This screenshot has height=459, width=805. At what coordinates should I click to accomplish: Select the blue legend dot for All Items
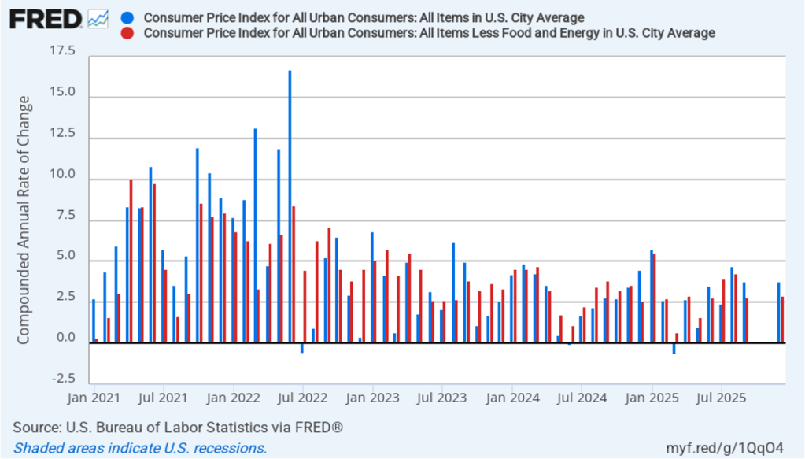(x=128, y=17)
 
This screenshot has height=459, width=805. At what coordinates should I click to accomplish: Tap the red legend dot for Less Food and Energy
(x=128, y=32)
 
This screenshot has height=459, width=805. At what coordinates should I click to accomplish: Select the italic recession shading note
(x=140, y=448)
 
